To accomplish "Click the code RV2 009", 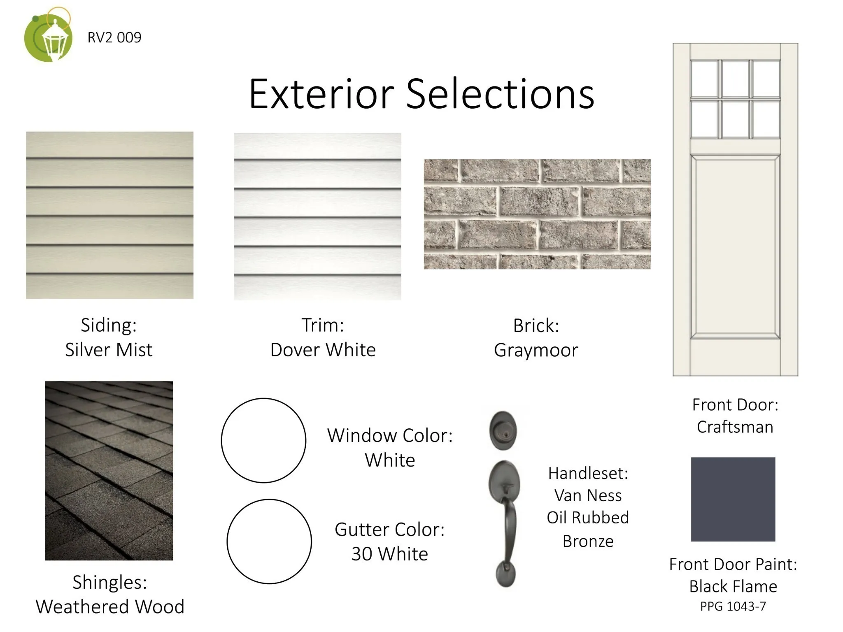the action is pyautogui.click(x=114, y=37).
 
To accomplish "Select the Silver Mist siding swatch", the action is pyautogui.click(x=109, y=215).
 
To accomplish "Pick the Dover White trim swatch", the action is pyautogui.click(x=317, y=216).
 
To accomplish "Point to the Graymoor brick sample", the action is pyautogui.click(x=537, y=214).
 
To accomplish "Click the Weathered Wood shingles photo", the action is pyautogui.click(x=109, y=471).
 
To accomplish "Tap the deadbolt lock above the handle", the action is pyautogui.click(x=503, y=430).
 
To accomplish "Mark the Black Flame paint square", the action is pyautogui.click(x=733, y=499).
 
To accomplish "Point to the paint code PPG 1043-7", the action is pyautogui.click(x=733, y=606).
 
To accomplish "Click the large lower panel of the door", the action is pyautogui.click(x=735, y=247).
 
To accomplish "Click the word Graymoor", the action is pyautogui.click(x=536, y=351).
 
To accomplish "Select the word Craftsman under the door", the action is pyautogui.click(x=735, y=427).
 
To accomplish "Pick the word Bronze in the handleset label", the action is pyautogui.click(x=588, y=541).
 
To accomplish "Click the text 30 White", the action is pyautogui.click(x=390, y=554).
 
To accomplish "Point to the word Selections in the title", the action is pyautogui.click(x=500, y=94).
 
